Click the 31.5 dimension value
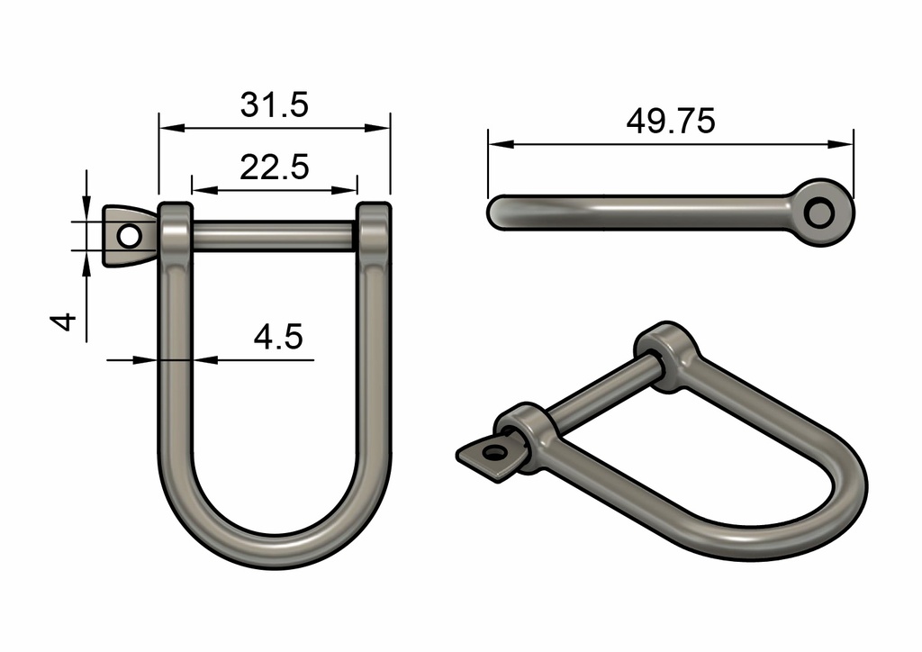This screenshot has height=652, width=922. click(x=275, y=104)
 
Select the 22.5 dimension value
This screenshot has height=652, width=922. click(x=275, y=167)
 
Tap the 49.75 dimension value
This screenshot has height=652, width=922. click(x=671, y=121)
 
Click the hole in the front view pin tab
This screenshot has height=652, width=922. click(x=129, y=236)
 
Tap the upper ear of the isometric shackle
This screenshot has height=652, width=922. click(x=667, y=357)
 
